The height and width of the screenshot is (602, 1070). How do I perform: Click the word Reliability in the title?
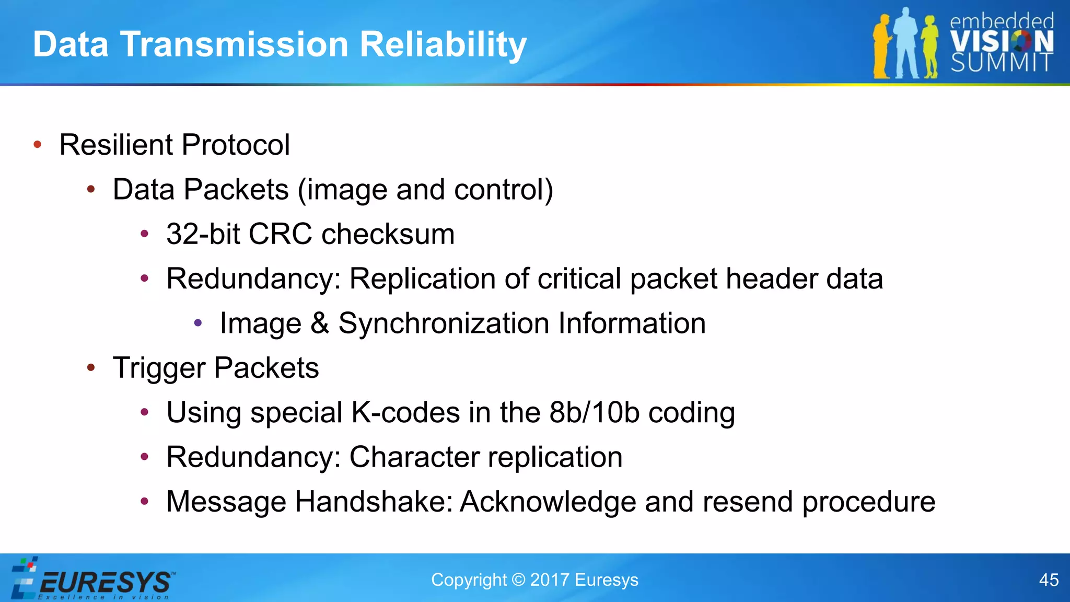click(443, 44)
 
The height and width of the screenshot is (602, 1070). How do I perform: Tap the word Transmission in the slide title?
click(234, 44)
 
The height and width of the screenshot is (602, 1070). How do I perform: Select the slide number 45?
click(1049, 580)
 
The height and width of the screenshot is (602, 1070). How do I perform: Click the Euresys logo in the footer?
click(94, 580)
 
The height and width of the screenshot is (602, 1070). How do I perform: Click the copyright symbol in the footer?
click(518, 580)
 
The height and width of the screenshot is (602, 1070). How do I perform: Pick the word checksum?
click(388, 234)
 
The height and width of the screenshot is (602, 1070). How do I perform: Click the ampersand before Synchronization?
click(320, 323)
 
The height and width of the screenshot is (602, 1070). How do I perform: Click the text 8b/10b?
click(594, 413)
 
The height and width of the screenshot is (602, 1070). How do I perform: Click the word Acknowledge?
click(548, 502)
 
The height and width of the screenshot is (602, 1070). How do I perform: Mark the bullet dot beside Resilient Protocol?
click(37, 145)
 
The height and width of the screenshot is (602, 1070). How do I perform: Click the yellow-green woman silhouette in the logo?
click(930, 47)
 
